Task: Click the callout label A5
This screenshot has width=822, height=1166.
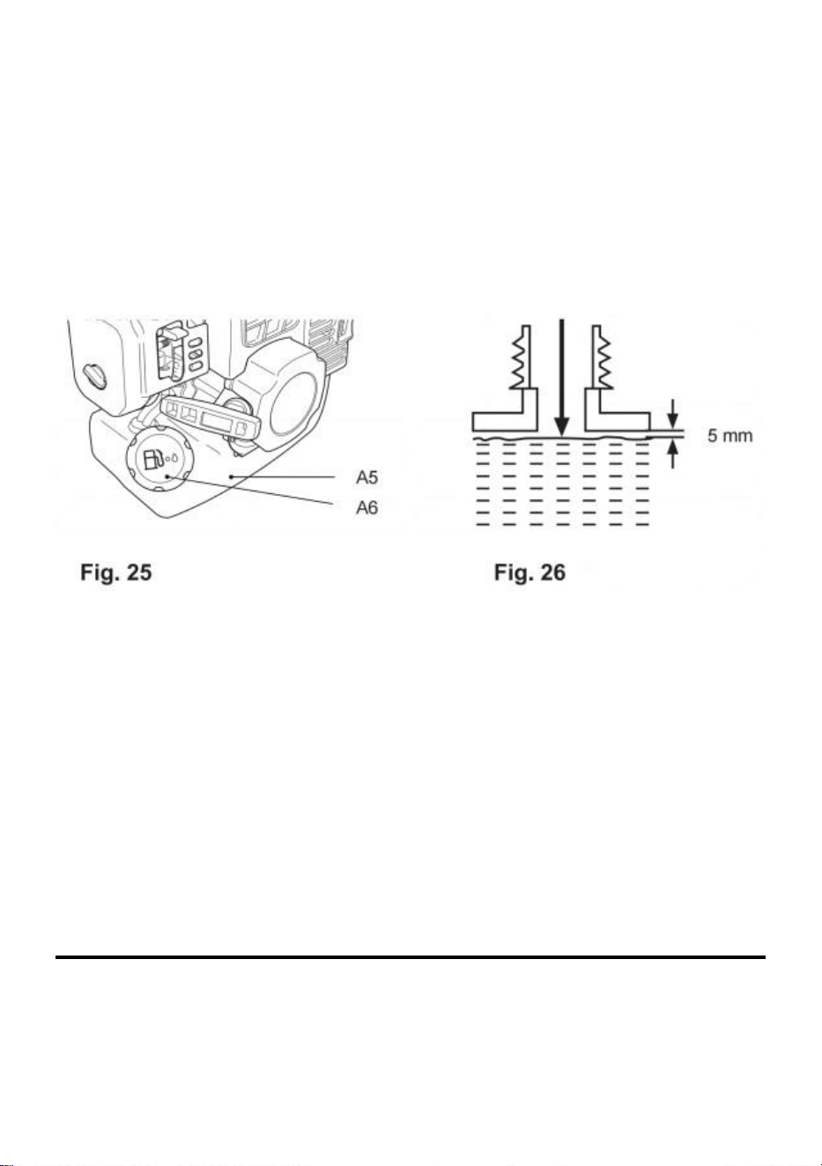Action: point(367,477)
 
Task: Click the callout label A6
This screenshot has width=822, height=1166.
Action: point(367,507)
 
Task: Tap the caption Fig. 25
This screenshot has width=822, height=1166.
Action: point(115,573)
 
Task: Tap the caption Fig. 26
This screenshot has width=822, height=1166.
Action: point(529,573)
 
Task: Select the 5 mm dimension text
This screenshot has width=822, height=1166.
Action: point(729,435)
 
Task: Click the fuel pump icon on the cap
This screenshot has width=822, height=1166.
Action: point(152,459)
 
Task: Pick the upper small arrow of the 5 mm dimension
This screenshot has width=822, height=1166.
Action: point(673,414)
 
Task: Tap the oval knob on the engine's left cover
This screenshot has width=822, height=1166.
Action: point(96,375)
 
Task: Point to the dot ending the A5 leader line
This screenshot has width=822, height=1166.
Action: point(231,476)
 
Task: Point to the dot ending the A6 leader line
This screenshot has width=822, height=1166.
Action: point(167,476)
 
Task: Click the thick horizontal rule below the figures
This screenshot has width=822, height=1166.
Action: point(411,956)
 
